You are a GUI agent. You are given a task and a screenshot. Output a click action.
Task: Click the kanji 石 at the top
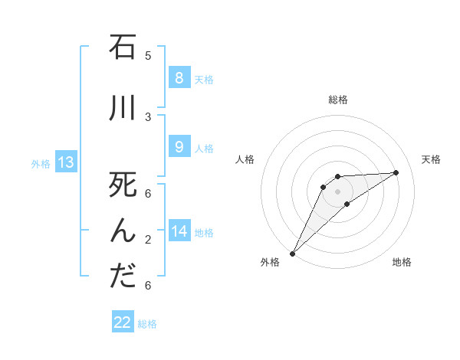tap(123, 47)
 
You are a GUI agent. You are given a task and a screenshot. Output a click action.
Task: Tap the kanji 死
tap(123, 186)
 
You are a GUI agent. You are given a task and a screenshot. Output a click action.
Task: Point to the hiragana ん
tap(123, 231)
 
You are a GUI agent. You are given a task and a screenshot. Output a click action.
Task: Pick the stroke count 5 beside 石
tap(148, 55)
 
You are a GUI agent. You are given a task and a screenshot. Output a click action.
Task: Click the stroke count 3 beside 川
tap(148, 116)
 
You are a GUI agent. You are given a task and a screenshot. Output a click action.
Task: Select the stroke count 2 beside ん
tap(148, 240)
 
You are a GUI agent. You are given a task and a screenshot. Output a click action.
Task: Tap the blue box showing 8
tap(179, 78)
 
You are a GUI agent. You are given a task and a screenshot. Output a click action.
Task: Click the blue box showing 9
tap(179, 147)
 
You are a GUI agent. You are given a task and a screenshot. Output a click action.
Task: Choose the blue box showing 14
tap(179, 231)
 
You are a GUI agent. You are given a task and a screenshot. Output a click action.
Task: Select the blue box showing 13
tap(66, 162)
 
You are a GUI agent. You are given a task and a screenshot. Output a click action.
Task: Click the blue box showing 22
tap(123, 322)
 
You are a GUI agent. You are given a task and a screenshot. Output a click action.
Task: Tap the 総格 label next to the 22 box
tap(148, 324)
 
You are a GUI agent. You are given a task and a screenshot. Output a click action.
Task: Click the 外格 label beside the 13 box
tap(41, 163)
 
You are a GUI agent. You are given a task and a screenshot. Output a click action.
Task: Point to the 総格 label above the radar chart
tap(338, 100)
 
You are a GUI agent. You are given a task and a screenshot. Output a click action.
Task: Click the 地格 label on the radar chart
tap(402, 262)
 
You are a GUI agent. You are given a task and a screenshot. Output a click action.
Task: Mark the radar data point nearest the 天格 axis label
tap(396, 172)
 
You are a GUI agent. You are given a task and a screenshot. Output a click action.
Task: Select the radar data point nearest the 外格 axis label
tap(292, 253)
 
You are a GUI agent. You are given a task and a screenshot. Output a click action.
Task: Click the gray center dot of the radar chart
tap(337, 191)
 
